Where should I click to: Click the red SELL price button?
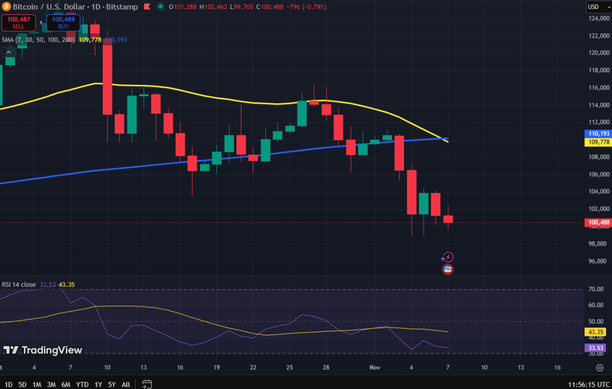coord(19,23)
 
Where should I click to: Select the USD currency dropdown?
coord(595,7)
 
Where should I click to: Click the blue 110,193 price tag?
coord(598,134)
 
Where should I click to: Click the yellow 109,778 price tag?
coord(598,142)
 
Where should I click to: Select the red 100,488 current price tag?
coord(598,222)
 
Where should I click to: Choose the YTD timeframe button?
coord(82,384)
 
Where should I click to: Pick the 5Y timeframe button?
coord(112,384)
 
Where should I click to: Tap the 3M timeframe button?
coord(51,384)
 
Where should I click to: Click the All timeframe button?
coord(126,384)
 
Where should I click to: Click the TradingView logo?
coord(43,350)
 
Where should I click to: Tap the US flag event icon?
coord(448,269)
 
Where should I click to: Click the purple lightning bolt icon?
coord(448,257)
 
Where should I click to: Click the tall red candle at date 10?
coord(108,79)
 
